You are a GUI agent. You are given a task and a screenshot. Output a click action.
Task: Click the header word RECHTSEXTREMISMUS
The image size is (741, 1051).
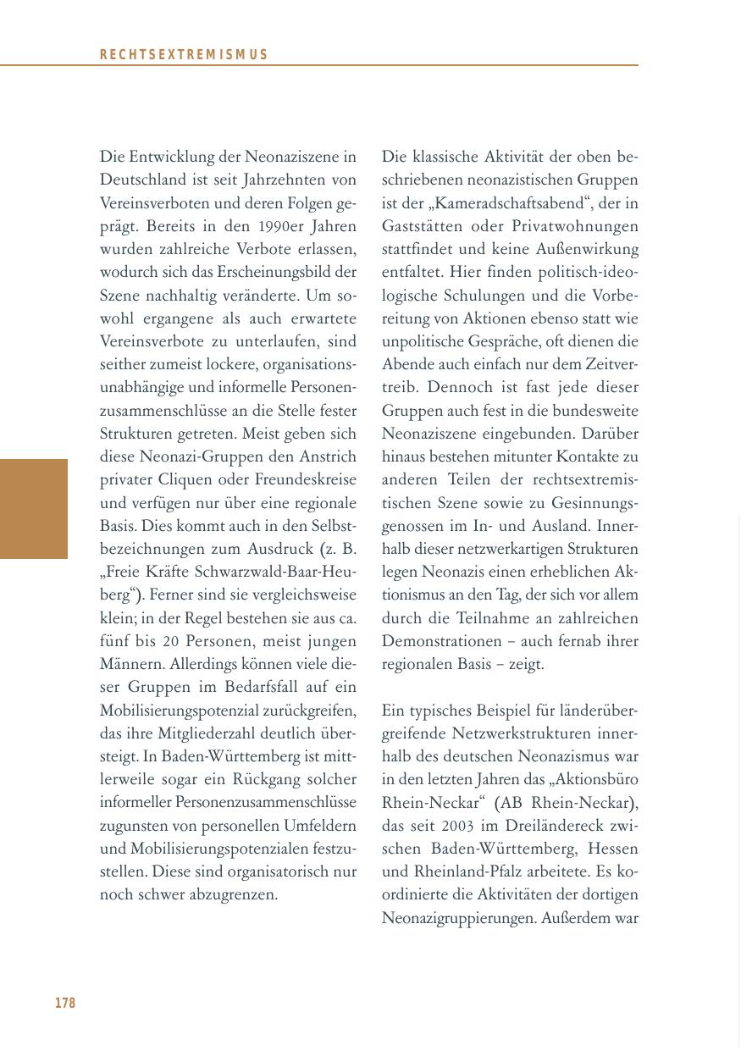(184, 55)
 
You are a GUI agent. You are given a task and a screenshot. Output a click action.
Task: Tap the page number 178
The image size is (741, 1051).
(65, 1004)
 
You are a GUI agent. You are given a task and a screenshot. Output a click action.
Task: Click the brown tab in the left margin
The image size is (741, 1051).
(34, 509)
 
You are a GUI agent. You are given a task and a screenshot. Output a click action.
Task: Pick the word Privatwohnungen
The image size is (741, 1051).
(575, 227)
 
